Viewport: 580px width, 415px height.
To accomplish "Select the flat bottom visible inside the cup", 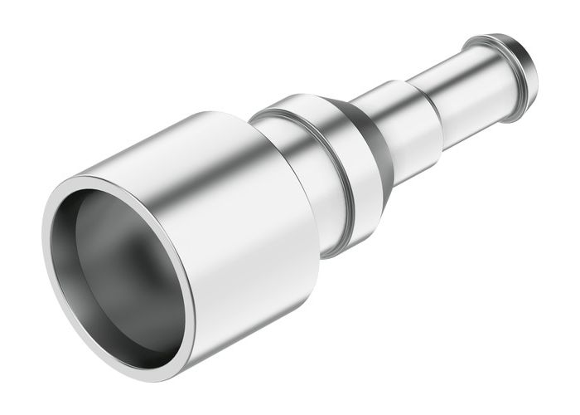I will click(x=124, y=282).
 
